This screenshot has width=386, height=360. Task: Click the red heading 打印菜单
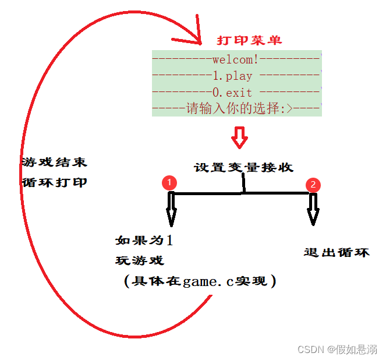[x=249, y=40]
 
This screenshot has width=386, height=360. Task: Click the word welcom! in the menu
[x=235, y=59]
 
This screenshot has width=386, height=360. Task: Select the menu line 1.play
[x=233, y=76]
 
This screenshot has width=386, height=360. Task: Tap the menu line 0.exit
[x=232, y=92]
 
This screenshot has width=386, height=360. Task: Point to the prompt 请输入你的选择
[x=232, y=108]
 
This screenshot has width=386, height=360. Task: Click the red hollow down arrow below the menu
[x=239, y=136]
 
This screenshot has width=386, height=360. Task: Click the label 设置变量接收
[x=243, y=168]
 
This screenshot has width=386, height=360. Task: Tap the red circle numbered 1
[x=169, y=182]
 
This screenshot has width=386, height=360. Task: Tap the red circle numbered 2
[x=313, y=185]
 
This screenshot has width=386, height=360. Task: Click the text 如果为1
[x=144, y=241]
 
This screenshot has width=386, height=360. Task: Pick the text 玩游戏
[x=140, y=260]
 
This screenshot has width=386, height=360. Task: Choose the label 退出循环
[x=337, y=252]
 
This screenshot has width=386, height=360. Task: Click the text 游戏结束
[x=54, y=162]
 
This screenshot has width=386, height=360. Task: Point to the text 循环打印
[x=54, y=182]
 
